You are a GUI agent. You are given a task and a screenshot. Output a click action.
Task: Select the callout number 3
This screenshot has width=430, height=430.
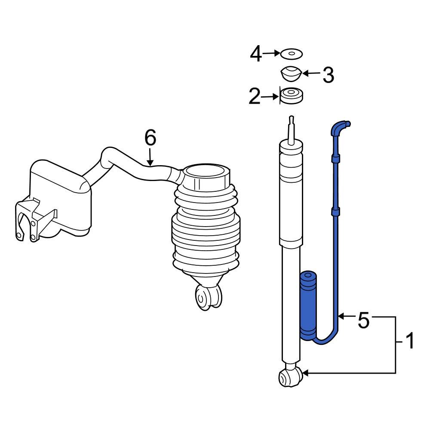pos(328,75)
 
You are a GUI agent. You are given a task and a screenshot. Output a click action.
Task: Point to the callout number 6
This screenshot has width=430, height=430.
pos(150,138)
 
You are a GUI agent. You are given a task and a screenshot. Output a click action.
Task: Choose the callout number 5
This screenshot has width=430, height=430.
pos(363,320)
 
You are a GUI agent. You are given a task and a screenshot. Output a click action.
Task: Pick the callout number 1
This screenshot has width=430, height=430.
pos(410,342)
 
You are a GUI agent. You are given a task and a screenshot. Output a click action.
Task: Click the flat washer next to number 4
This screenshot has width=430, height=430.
pos(291,54)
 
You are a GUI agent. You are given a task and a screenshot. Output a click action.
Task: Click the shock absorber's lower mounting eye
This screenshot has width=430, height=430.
pos(287,378)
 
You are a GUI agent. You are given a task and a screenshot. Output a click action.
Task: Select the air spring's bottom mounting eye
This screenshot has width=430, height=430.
pos(206,296)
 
